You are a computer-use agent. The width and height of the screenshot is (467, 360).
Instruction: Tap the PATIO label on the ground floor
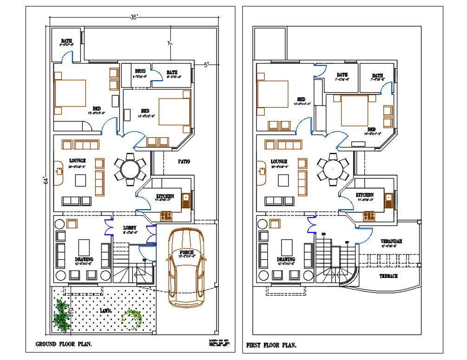(184, 162)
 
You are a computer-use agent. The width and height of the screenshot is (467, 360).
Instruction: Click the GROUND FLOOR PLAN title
(64, 344)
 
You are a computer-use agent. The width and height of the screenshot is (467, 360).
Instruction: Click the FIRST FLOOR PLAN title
(271, 345)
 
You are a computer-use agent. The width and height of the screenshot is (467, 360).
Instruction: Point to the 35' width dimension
(134, 17)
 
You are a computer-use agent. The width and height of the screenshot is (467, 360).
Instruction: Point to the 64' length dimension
(45, 180)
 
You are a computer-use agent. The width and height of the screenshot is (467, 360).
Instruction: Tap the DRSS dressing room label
(139, 71)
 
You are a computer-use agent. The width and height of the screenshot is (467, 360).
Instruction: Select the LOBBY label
(130, 228)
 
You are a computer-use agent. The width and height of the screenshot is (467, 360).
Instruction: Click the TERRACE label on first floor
(389, 276)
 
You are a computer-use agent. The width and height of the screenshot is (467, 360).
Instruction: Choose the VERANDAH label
(391, 242)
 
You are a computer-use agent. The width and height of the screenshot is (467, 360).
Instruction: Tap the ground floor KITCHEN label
(165, 196)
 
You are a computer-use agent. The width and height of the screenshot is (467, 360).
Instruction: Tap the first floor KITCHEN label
(365, 195)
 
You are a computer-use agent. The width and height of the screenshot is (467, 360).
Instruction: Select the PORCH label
(187, 252)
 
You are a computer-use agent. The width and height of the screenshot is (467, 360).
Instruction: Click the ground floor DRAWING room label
(84, 259)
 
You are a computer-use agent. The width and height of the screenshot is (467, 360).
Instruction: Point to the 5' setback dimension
(206, 64)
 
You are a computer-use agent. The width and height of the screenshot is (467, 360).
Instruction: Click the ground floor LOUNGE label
(78, 161)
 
